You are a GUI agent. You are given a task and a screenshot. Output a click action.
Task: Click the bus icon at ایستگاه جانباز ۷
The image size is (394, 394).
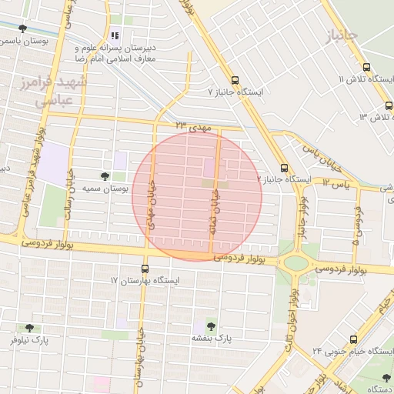pos(235,79)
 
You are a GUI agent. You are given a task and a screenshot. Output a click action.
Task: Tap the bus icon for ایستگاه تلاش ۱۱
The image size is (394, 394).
pos(366,67)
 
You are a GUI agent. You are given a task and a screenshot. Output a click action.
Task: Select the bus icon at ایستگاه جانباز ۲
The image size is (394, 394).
pos(284,167)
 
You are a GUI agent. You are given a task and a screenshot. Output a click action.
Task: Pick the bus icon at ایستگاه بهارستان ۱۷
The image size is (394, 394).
pos(145,269)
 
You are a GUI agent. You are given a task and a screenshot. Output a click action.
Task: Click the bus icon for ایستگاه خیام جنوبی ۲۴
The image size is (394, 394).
pos(353,339)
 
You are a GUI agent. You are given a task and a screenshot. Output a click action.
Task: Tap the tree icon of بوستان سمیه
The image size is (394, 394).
pos(105,176)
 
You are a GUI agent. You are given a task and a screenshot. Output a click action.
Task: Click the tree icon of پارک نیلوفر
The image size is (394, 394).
pos(29,328)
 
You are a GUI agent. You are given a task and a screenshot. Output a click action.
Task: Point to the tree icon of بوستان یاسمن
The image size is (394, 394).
pos(23,29)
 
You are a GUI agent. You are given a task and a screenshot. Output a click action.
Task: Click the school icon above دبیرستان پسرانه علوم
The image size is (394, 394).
pos(115,35)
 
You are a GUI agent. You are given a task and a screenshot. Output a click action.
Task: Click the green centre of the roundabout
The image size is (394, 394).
pos(295,262)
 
